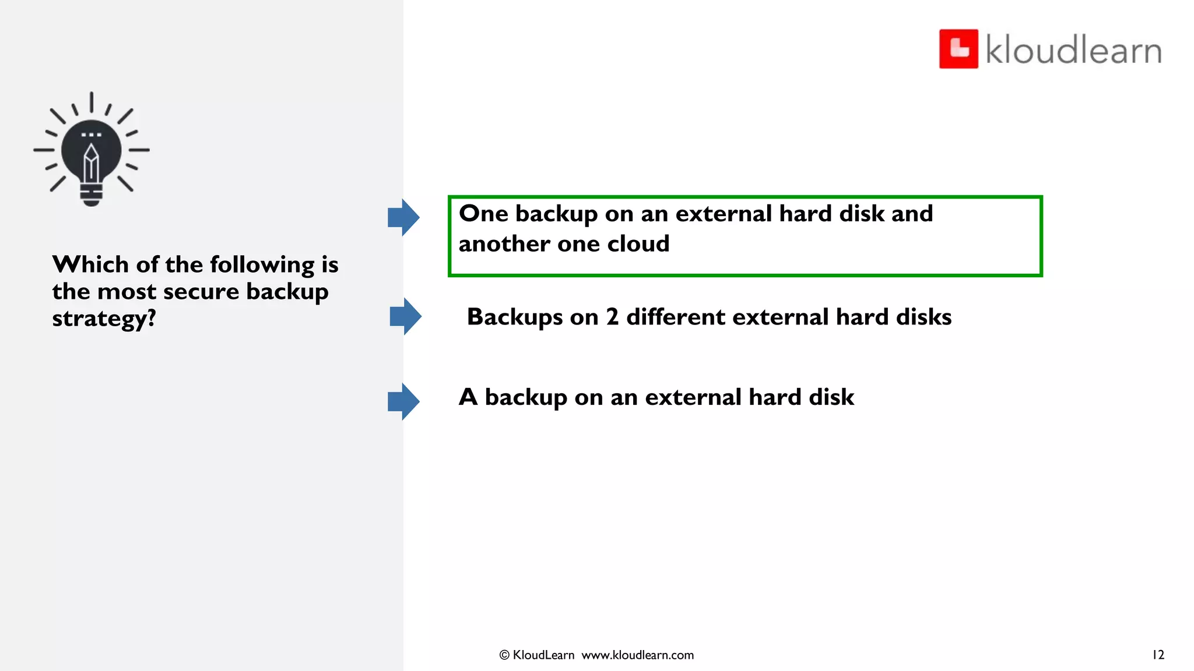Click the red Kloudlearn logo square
click(958, 49)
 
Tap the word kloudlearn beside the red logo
click(1073, 50)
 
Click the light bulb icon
click(92, 150)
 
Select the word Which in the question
click(90, 264)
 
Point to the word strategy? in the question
click(104, 319)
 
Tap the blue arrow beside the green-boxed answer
click(403, 217)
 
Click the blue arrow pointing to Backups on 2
click(405, 316)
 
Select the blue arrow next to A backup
click(403, 401)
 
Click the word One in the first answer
click(483, 214)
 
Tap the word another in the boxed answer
click(504, 244)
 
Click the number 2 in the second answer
click(612, 317)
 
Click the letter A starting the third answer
click(468, 397)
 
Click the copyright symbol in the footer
click(504, 655)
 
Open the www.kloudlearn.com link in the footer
click(638, 655)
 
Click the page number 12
click(1158, 655)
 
